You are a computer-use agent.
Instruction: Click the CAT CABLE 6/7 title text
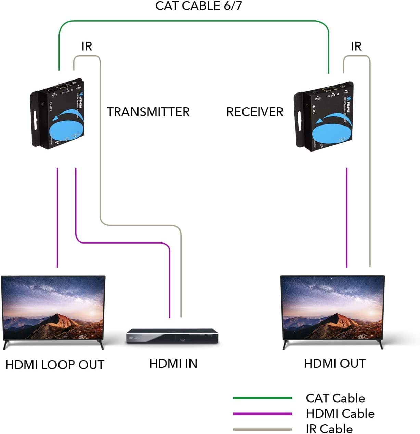[198, 6]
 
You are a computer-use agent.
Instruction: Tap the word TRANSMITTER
[148, 112]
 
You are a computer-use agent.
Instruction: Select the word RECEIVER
[255, 112]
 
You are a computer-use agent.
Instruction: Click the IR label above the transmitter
[87, 46]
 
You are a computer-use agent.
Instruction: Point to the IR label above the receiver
[356, 46]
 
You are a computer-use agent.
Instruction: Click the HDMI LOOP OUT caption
[55, 365]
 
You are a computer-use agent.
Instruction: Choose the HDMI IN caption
[173, 363]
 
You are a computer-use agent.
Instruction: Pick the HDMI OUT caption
[335, 363]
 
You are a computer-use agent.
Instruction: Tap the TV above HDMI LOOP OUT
[53, 308]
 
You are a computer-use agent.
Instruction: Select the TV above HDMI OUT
[332, 308]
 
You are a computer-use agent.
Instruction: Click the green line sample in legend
[262, 398]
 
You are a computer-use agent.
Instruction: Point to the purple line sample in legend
[262, 414]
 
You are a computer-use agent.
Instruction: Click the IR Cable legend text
[329, 429]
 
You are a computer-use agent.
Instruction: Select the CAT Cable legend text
[335, 398]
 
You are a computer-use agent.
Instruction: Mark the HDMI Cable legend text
[340, 413]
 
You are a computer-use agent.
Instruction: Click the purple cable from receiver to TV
[347, 219]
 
